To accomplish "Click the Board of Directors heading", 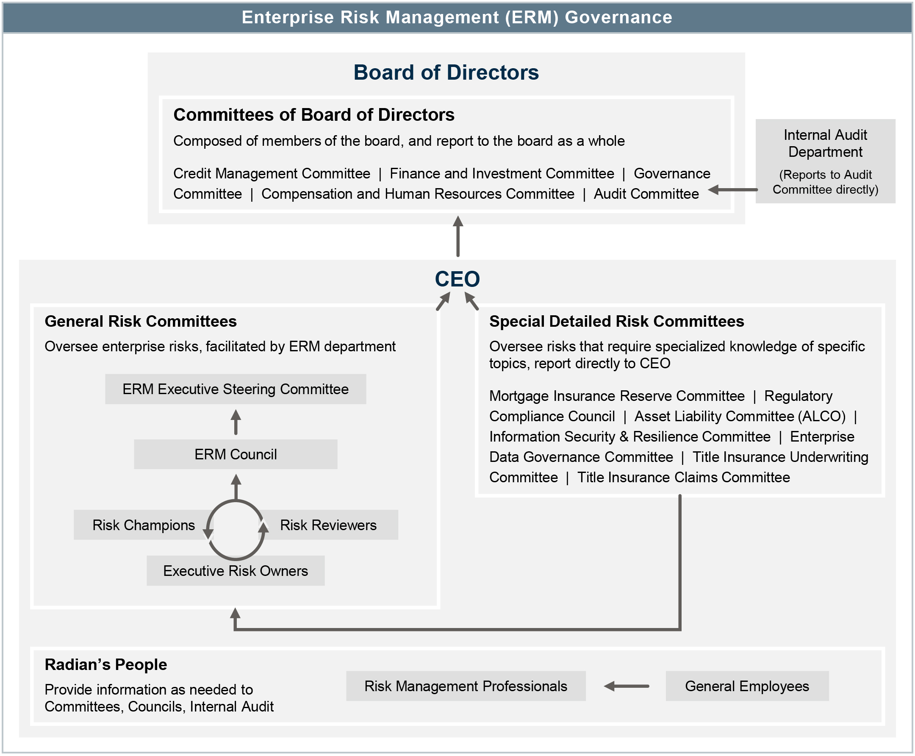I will coord(446,72).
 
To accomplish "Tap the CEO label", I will coord(457,279).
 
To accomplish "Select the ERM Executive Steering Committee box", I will coord(235,389).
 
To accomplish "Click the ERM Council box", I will coord(235,454).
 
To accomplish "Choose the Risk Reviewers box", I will coord(328,525).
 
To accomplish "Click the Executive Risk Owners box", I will coord(235,570).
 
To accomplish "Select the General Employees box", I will coord(746,686).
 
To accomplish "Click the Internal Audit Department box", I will coord(825,161).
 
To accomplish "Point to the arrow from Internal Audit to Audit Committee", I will coord(733,190).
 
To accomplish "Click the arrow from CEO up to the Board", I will coord(457,236).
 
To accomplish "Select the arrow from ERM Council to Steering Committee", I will coord(236,422).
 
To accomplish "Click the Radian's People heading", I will coord(106,664).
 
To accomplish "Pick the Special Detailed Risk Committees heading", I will coord(616,321).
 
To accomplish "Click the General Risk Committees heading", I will coord(141,321).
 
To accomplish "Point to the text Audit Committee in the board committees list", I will coord(646,194).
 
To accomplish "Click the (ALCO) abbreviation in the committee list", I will coord(821,416).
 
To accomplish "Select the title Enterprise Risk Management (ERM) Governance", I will coord(457,17).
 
